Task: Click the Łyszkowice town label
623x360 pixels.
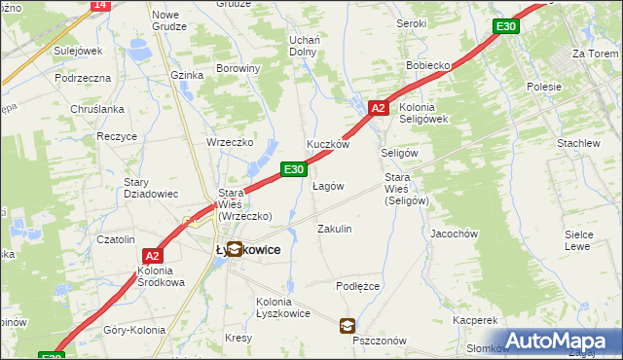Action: click(247, 250)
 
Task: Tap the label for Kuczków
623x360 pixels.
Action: click(328, 144)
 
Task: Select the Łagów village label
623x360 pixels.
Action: click(328, 186)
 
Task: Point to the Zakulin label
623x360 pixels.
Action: click(334, 229)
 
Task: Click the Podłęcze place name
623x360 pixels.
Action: click(357, 286)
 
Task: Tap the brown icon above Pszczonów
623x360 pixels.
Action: click(348, 326)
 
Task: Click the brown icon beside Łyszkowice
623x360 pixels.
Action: click(235, 249)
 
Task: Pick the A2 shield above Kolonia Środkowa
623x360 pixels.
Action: click(152, 256)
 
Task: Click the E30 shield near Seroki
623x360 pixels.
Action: click(504, 26)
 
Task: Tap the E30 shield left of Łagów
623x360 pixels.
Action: click(294, 169)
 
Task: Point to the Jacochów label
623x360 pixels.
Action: click(454, 234)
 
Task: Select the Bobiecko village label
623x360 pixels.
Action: click(427, 65)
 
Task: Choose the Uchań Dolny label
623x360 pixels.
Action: click(305, 46)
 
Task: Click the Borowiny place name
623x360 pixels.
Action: click(238, 69)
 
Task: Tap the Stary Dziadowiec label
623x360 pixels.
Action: click(150, 188)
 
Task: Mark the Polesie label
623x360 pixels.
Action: click(543, 87)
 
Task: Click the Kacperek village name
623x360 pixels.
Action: click(475, 320)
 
